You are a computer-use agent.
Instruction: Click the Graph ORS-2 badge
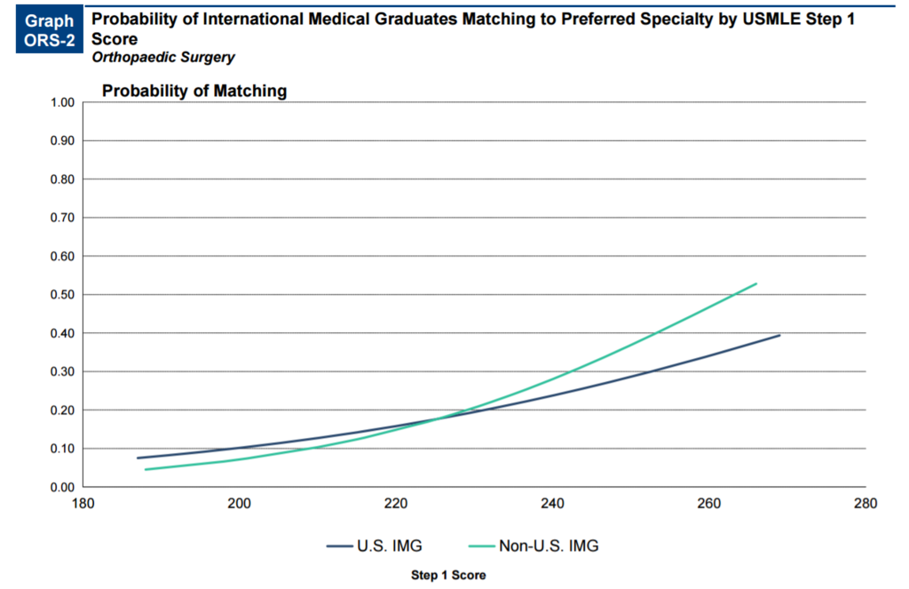click(50, 29)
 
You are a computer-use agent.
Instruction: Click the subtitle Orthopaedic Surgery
click(163, 57)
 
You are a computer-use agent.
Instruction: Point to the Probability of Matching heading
click(194, 91)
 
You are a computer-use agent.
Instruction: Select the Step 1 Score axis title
click(447, 575)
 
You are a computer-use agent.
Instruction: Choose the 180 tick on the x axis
click(82, 504)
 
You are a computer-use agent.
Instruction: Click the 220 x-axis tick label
click(395, 504)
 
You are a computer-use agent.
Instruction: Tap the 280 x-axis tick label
click(865, 504)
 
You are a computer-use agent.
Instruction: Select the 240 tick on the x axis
click(552, 504)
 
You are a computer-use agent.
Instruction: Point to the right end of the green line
click(756, 283)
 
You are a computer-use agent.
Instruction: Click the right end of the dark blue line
click(779, 335)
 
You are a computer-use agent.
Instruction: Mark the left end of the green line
click(145, 469)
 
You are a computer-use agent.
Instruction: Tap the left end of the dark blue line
click(138, 458)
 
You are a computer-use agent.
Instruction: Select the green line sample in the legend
click(479, 546)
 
